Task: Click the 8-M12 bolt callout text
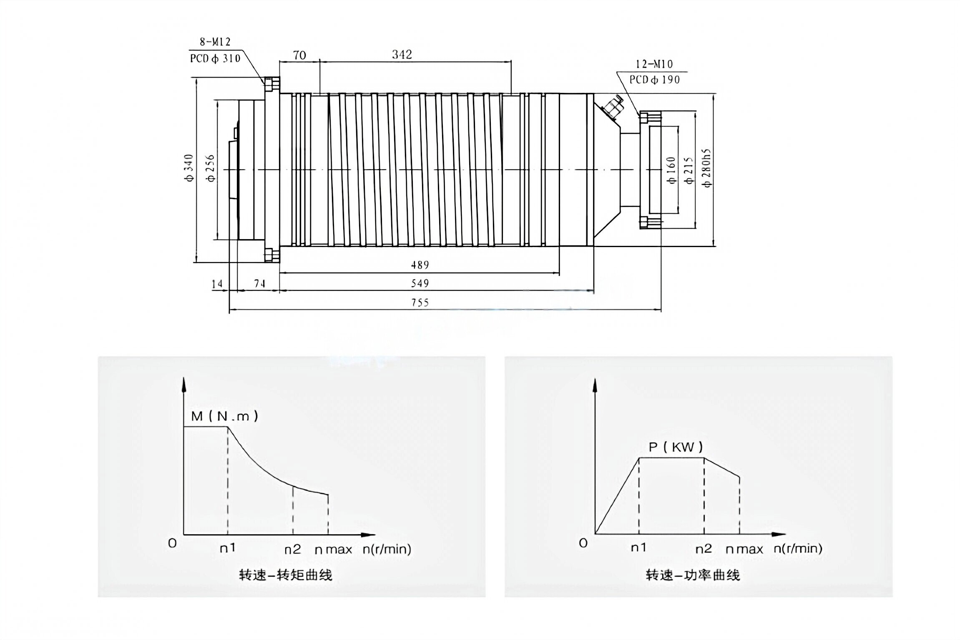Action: (215, 42)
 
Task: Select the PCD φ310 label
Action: (215, 58)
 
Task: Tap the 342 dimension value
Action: (402, 55)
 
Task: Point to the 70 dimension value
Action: (299, 55)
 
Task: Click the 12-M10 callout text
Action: (654, 64)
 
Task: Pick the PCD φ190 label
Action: (654, 80)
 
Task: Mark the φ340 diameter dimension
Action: (189, 168)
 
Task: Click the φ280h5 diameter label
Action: (707, 168)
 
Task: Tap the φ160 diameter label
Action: (671, 170)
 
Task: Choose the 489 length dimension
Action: (420, 265)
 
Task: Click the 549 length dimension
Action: (420, 284)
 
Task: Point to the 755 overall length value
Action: (420, 303)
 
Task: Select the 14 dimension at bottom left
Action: (217, 284)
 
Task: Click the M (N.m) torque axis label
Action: (224, 416)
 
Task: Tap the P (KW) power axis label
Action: (676, 447)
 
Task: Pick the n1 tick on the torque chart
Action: (228, 548)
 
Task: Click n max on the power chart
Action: (744, 550)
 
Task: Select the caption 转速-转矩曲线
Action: (286, 575)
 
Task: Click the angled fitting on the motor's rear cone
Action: (611, 107)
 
